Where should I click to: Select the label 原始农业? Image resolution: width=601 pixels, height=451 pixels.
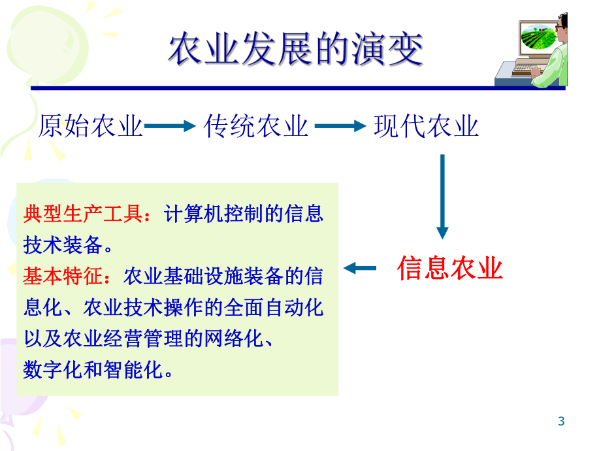pyautogui.click(x=91, y=126)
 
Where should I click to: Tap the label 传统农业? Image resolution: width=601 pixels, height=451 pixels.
pyautogui.click(x=256, y=126)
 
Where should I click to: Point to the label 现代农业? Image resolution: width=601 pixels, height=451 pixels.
pyautogui.click(x=426, y=126)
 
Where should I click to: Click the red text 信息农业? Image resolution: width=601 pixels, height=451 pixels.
pyautogui.click(x=450, y=268)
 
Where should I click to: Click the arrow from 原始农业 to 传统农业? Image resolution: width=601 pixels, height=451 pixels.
pyautogui.click(x=170, y=127)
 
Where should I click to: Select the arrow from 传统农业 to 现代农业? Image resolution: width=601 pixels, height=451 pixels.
pyautogui.click(x=340, y=127)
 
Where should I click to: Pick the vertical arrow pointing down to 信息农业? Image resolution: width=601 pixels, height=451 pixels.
pyautogui.click(x=442, y=196)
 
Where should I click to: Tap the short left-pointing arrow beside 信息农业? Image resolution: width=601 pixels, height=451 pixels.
pyautogui.click(x=361, y=267)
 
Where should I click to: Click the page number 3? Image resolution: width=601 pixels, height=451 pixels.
pyautogui.click(x=561, y=422)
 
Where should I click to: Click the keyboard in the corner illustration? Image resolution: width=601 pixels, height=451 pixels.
pyautogui.click(x=528, y=68)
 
